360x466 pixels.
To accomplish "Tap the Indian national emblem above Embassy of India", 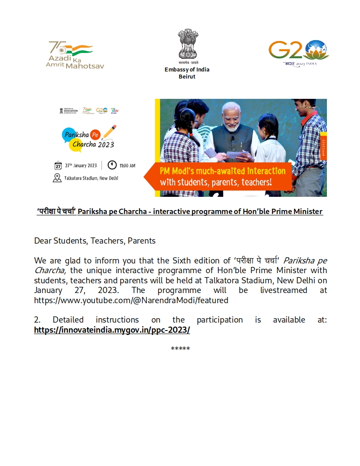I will click(187, 44).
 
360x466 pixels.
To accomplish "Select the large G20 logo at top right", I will click(299, 52).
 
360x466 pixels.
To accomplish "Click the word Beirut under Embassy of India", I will click(187, 76).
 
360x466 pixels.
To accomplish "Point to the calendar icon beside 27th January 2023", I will click(58, 166).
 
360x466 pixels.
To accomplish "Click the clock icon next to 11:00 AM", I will click(112, 165).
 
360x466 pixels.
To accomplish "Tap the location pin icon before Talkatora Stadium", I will click(57, 178).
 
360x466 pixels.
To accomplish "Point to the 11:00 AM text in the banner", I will click(127, 166).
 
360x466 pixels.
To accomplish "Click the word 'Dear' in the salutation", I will click(43, 241).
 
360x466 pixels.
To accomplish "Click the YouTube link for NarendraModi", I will click(131, 300).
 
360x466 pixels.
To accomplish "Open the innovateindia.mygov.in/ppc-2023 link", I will click(112, 330).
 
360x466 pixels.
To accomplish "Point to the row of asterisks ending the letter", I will click(180, 349).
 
